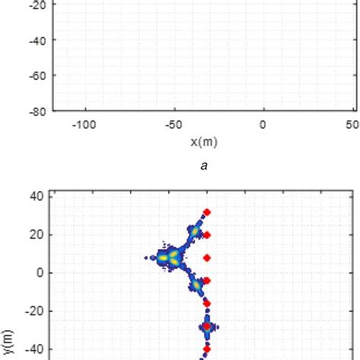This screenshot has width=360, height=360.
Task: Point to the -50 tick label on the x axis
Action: pyautogui.click(x=173, y=125)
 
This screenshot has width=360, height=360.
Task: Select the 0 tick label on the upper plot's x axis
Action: pyautogui.click(x=263, y=125)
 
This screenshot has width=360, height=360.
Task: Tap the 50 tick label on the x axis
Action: pyautogui.click(x=352, y=125)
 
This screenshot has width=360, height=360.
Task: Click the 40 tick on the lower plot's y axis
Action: pyautogui.click(x=36, y=195)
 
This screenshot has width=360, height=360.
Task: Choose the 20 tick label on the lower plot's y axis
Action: pyautogui.click(x=36, y=234)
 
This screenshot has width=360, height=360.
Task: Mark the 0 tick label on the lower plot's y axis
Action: pyautogui.click(x=39, y=273)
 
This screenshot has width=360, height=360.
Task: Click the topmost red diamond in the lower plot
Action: pyautogui.click(x=207, y=213)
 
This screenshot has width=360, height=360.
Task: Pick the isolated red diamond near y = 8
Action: pyautogui.click(x=207, y=258)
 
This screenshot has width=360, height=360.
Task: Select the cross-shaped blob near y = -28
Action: pyautogui.click(x=207, y=327)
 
